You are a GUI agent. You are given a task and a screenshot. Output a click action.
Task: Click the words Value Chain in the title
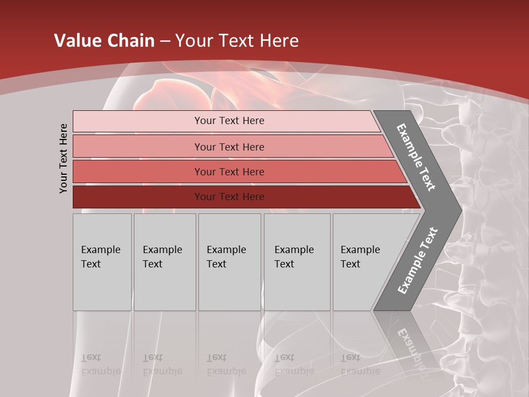click(104, 41)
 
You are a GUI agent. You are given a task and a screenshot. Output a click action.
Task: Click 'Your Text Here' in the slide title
click(237, 41)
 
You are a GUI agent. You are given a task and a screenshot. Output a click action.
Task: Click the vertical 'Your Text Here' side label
click(63, 158)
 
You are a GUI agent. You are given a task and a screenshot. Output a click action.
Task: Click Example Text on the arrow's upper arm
click(416, 157)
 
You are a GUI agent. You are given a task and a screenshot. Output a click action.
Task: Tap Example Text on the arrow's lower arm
click(417, 261)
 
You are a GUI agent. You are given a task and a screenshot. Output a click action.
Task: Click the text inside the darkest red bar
click(229, 197)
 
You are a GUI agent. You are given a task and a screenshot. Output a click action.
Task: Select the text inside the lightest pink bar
click(229, 121)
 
